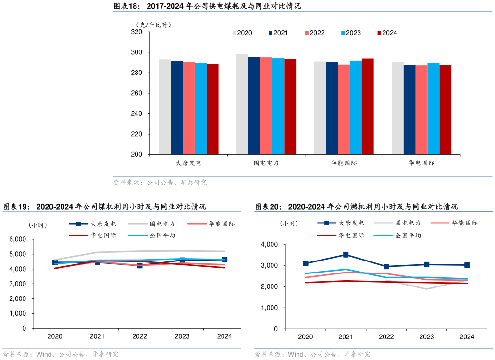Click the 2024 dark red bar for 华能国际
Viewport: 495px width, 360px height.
click(x=368, y=106)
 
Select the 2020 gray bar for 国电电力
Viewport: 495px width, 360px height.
click(x=242, y=104)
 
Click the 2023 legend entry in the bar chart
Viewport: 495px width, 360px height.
click(x=351, y=33)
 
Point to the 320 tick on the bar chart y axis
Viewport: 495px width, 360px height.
click(x=136, y=32)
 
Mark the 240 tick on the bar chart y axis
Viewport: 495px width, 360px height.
click(x=136, y=113)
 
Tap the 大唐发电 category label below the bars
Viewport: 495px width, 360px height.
click(x=188, y=163)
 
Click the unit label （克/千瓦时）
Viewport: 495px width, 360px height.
click(x=153, y=25)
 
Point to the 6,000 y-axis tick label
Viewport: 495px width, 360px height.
click(x=18, y=239)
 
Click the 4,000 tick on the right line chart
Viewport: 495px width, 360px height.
click(x=269, y=244)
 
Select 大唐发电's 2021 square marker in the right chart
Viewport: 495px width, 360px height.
click(x=346, y=255)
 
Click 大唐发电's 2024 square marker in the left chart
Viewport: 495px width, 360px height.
click(x=224, y=260)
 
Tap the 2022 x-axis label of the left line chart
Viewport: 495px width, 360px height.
click(x=140, y=336)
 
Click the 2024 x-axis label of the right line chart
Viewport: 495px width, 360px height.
click(x=467, y=337)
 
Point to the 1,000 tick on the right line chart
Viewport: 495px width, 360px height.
click(x=269, y=308)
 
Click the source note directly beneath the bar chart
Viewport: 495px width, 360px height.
click(x=160, y=183)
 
